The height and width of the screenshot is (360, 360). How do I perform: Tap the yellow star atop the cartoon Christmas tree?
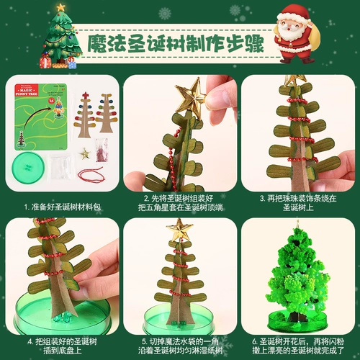click(60, 7)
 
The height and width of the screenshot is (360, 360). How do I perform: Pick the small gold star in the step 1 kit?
click(85, 153)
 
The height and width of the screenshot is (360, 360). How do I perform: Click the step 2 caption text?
click(180, 200)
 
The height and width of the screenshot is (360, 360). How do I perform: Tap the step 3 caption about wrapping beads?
click(297, 200)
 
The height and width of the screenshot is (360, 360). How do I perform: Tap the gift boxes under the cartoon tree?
click(62, 62)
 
